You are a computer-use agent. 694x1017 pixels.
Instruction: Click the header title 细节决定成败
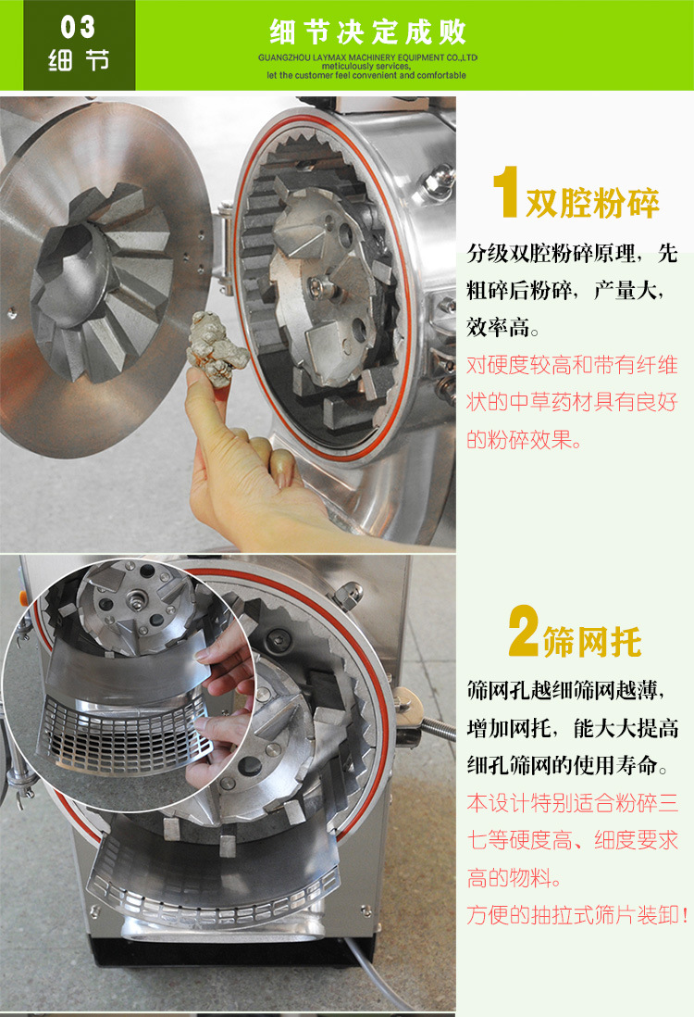click(368, 32)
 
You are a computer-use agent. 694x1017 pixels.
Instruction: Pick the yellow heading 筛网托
click(601, 641)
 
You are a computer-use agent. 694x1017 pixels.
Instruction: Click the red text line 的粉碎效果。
click(525, 440)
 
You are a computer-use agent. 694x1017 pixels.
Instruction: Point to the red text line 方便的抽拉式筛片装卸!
click(577, 915)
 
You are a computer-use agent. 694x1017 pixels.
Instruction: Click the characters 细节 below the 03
click(78, 62)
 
